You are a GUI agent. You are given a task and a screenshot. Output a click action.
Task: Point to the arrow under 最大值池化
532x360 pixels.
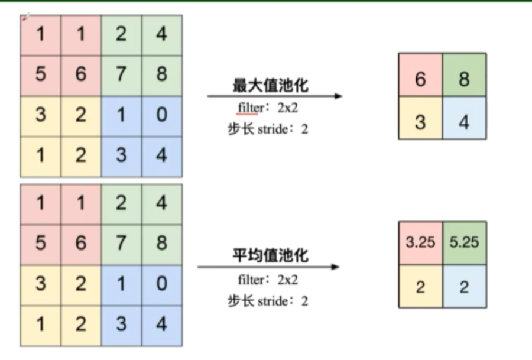pos(275,96)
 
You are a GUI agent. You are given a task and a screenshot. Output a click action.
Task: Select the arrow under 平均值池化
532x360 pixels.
pos(269,267)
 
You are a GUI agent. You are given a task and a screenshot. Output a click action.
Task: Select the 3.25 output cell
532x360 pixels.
pos(420,243)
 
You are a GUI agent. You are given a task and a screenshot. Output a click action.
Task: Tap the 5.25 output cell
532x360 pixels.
pos(464,243)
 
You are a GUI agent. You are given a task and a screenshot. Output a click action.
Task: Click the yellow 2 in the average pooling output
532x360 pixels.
pos(420,287)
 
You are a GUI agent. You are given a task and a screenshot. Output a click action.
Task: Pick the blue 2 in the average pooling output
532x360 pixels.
pos(464,287)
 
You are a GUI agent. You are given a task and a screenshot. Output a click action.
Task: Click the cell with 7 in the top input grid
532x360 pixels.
pos(121,74)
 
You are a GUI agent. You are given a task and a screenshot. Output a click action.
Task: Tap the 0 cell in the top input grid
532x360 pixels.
pos(161,115)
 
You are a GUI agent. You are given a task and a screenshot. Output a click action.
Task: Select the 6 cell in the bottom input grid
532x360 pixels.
pos(80,243)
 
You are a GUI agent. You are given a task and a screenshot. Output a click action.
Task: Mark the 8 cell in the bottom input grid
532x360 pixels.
pos(161,243)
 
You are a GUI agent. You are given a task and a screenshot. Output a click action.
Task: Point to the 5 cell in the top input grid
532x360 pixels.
pos(40,74)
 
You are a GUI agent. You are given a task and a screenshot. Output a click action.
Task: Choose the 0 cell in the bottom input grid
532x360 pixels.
pos(161,284)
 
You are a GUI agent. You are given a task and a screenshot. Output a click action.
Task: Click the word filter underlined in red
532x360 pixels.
pos(248,109)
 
